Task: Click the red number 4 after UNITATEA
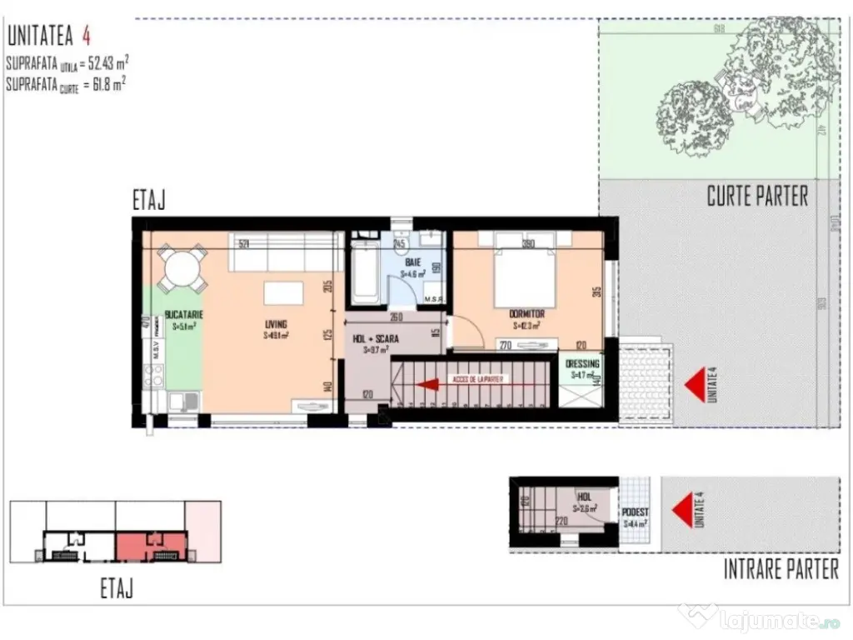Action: tap(86, 37)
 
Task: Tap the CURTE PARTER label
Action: tap(757, 197)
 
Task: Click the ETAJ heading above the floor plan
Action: tap(150, 201)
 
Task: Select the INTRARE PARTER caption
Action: tap(781, 570)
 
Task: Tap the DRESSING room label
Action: tap(582, 364)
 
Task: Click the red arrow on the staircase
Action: tap(427, 383)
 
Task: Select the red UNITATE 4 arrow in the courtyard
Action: tap(694, 385)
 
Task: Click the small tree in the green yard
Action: tap(689, 117)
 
